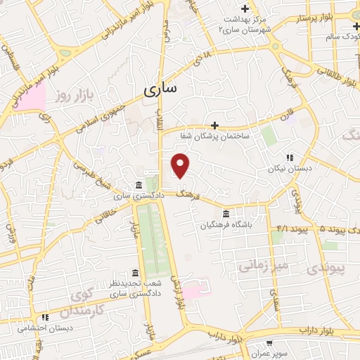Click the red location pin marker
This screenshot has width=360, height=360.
point(181,165)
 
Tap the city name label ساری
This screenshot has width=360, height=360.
point(161,89)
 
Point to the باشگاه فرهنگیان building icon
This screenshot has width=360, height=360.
point(226,214)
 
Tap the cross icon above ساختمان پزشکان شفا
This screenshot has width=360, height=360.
point(214,124)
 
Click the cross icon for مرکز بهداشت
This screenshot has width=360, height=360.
point(245,8)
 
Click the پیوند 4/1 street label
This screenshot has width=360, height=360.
point(292,229)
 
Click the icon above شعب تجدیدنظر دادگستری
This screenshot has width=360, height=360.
point(134,273)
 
